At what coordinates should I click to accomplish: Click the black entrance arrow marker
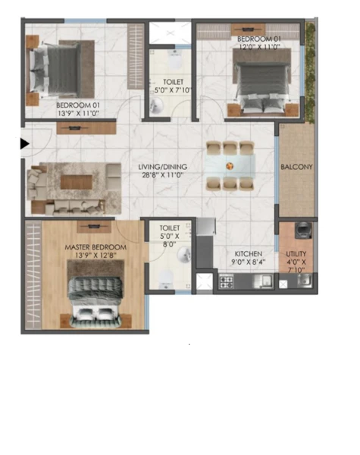click(25, 143)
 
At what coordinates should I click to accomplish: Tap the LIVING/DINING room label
click(162, 167)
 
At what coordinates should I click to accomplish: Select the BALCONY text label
click(296, 167)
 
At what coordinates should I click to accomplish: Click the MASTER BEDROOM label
click(95, 247)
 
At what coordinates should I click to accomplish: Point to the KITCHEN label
click(249, 254)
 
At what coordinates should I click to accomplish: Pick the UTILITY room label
click(296, 254)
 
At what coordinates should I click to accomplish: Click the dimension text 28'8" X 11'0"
click(163, 175)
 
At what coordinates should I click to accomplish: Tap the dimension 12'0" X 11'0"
click(259, 47)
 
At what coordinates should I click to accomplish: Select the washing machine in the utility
click(303, 231)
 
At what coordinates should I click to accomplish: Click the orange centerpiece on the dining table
click(230, 166)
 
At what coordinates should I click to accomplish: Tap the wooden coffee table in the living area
click(77, 182)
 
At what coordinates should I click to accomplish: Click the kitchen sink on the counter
click(263, 281)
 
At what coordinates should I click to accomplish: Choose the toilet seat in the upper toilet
click(174, 60)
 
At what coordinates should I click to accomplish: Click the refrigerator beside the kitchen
click(205, 226)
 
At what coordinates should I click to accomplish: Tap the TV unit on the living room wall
click(86, 128)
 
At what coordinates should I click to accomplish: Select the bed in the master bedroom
click(95, 302)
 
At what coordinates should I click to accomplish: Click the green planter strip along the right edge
click(311, 73)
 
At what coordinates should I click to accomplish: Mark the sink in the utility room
click(305, 281)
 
